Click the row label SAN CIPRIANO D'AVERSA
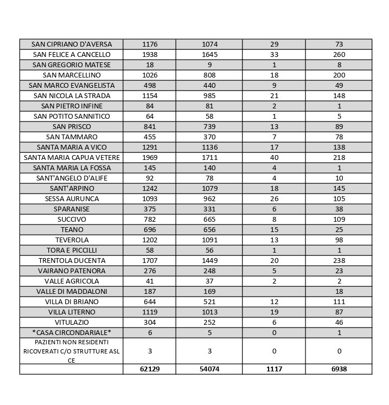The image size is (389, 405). (71, 44)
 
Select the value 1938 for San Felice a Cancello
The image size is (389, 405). (149, 54)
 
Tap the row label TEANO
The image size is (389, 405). (71, 229)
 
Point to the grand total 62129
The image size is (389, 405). (149, 369)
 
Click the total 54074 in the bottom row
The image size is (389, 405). (209, 369)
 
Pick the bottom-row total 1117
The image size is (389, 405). (274, 369)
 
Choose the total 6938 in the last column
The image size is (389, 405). (339, 369)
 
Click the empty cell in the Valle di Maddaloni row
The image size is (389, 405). (274, 291)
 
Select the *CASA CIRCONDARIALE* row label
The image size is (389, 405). (71, 332)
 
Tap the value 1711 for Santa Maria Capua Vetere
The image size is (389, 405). (209, 157)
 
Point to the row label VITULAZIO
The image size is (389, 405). (71, 322)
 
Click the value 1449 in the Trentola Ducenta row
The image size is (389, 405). (209, 260)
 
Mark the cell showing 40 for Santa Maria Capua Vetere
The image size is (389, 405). (274, 157)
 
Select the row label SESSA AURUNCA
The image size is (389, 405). (71, 198)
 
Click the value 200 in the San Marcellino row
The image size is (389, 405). (339, 75)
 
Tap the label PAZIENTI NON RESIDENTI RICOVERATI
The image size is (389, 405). (71, 351)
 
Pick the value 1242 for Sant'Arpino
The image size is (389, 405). (149, 188)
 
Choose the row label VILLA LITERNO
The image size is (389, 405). (71, 312)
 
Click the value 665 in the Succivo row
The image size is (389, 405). (209, 219)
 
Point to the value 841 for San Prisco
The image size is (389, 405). (149, 126)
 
